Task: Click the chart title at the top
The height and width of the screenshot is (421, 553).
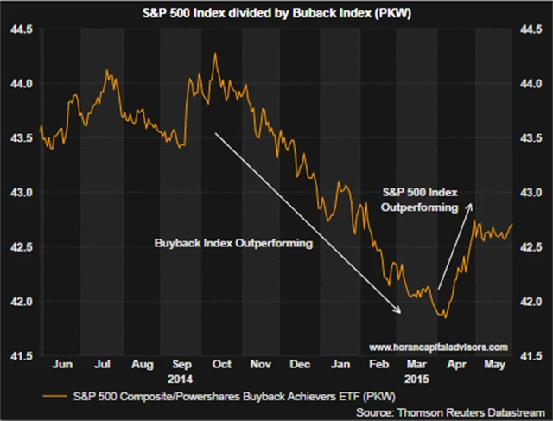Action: point(276,12)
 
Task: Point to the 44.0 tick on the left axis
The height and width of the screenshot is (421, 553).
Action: point(22,84)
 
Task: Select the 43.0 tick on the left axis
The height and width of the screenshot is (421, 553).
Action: point(22,193)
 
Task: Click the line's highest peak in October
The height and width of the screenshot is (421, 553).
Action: point(214,54)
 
